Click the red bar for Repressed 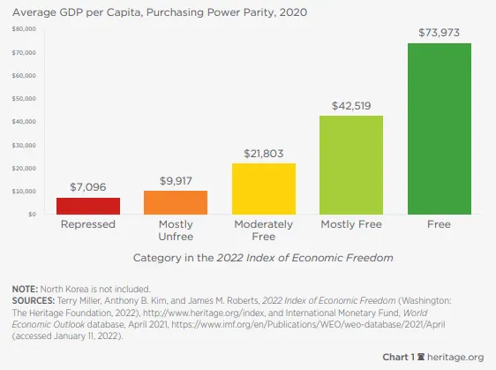(88, 206)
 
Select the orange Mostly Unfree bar (176, 202)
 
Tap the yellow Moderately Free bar (264, 189)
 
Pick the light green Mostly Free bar (351, 165)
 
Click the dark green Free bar (440, 129)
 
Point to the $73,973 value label (439, 33)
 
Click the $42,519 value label (351, 106)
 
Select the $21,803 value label (264, 154)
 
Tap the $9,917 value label (176, 181)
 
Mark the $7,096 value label (88, 187)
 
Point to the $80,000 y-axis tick (24, 29)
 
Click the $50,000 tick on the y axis (24, 99)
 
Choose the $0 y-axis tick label (32, 215)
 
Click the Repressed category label (88, 224)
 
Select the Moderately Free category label (264, 230)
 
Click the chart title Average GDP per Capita (160, 12)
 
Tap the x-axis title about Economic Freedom (263, 258)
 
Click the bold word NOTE (25, 289)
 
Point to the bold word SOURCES (34, 301)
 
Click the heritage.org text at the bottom (455, 357)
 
